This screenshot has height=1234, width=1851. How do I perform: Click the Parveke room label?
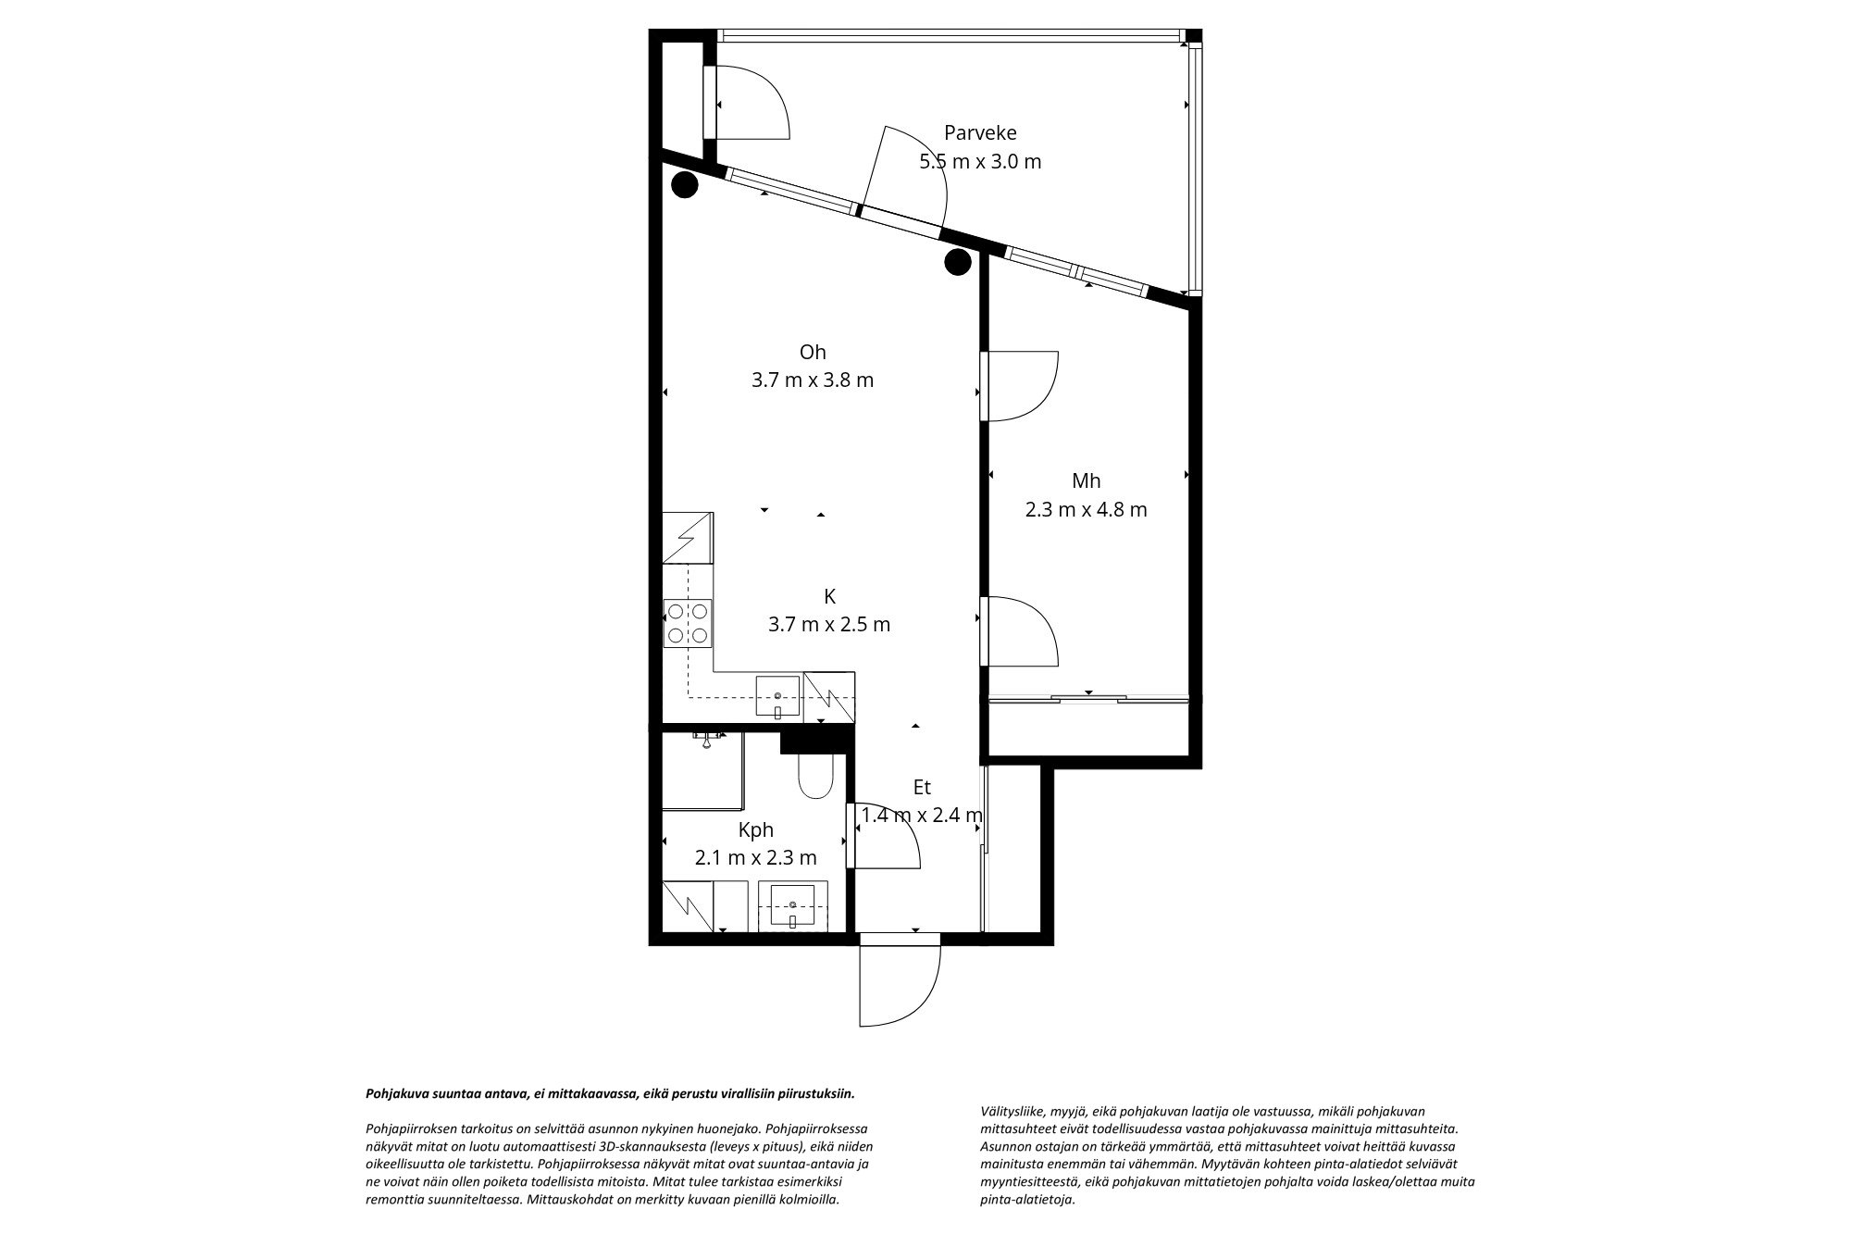click(979, 132)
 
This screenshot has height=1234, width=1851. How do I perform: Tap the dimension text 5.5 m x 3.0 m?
click(979, 161)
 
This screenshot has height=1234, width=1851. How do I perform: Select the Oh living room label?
click(813, 352)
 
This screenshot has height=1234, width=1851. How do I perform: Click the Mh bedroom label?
click(1086, 480)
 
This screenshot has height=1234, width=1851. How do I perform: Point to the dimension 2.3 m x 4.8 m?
click(1086, 509)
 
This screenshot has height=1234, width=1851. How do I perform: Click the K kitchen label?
click(829, 595)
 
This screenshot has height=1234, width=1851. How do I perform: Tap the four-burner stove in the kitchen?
click(688, 623)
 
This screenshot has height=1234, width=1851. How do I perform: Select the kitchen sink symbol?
click(777, 697)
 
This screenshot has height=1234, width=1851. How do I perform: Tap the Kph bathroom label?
click(755, 829)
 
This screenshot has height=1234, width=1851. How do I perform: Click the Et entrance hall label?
click(922, 787)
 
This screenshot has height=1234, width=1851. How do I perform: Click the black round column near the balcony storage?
click(684, 186)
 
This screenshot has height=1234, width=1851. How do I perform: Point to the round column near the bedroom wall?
click(957, 262)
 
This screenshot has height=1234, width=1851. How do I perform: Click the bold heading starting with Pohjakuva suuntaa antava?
click(610, 1093)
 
